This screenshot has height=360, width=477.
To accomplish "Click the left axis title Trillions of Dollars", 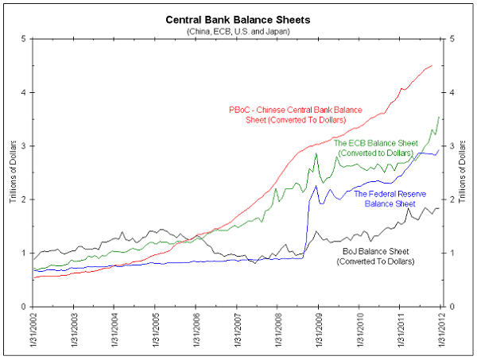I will (14, 172).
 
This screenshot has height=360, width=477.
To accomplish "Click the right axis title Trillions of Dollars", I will (464, 172).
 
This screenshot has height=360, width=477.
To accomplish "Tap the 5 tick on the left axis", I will (24, 38).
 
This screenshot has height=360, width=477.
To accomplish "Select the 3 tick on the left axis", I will (24, 145).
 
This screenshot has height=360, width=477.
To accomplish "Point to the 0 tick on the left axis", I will (24, 307).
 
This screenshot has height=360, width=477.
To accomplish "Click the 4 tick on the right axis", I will (453, 92).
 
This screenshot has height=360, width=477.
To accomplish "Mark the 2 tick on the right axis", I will (453, 199).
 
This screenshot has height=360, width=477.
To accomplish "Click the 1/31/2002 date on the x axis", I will (33, 332).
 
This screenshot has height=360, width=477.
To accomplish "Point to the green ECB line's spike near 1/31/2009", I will (316, 153).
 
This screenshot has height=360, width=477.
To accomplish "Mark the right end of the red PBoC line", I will (432, 65).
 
